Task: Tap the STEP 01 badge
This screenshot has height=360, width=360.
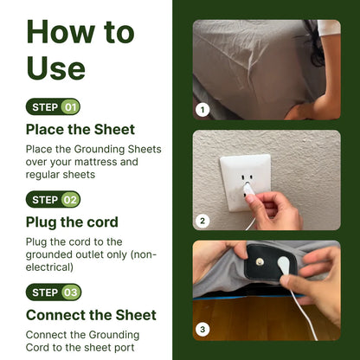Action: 53,107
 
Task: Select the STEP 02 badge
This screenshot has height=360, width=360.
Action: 53,200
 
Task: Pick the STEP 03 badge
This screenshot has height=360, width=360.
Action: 53,292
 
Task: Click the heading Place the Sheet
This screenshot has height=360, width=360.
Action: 80,130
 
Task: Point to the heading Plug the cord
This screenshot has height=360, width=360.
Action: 72,222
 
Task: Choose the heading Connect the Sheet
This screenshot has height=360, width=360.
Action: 91,315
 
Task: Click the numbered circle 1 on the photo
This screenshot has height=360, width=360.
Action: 202,110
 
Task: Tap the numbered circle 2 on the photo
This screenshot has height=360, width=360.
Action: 202,221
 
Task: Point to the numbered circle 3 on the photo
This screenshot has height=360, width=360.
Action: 202,329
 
